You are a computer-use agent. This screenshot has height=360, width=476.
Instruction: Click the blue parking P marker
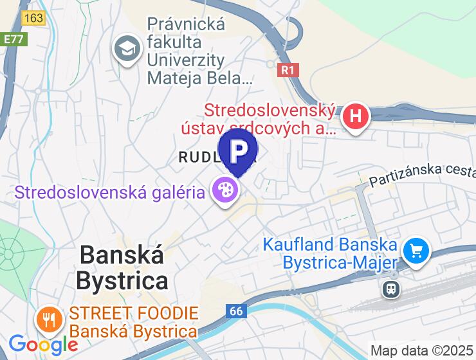click(x=238, y=150)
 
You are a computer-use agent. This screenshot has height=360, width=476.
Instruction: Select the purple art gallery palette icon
click(x=224, y=191)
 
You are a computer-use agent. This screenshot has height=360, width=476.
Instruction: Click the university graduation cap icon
click(x=127, y=49)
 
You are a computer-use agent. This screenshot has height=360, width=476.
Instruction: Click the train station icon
click(x=390, y=289)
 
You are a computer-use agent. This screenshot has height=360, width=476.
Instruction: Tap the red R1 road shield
click(x=289, y=69)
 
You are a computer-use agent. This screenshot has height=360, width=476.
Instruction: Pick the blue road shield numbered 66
click(x=237, y=311)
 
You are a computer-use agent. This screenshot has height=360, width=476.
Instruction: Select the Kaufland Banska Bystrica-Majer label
click(x=329, y=253)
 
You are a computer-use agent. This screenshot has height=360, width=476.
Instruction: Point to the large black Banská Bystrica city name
click(x=122, y=267)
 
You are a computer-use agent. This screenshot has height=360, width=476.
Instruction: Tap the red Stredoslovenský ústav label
click(x=270, y=119)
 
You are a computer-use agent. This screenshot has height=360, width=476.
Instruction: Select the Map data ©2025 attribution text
click(x=421, y=351)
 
